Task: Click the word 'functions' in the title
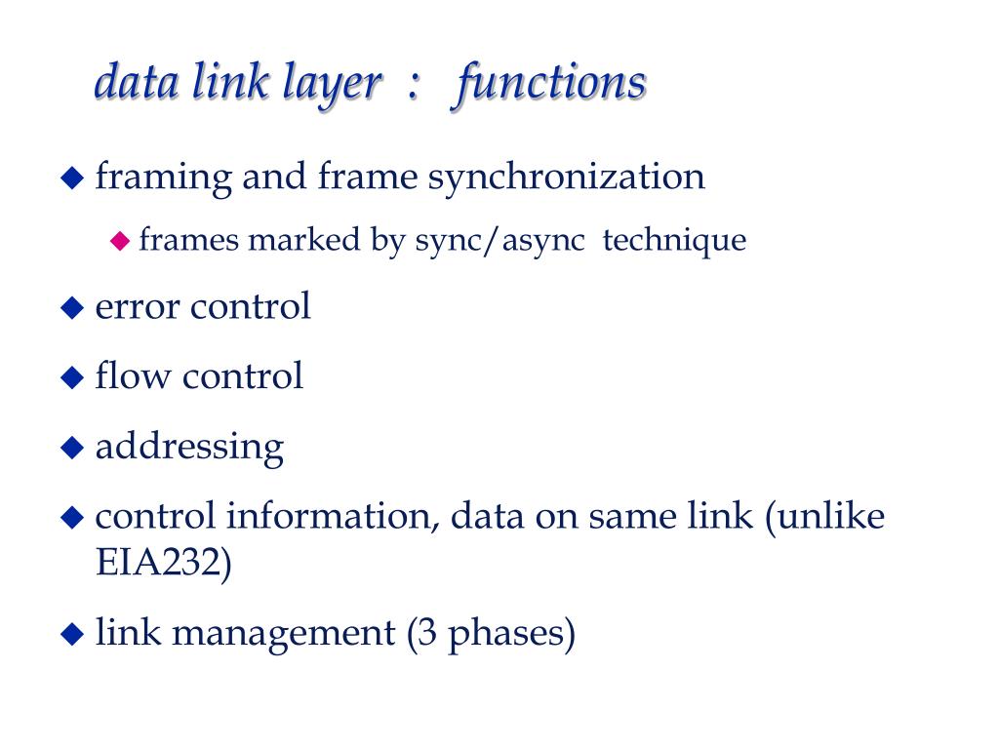[548, 83]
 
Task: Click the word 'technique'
[674, 240]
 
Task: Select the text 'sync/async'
[500, 241]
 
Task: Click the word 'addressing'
[189, 448]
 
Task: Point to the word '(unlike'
[824, 516]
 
